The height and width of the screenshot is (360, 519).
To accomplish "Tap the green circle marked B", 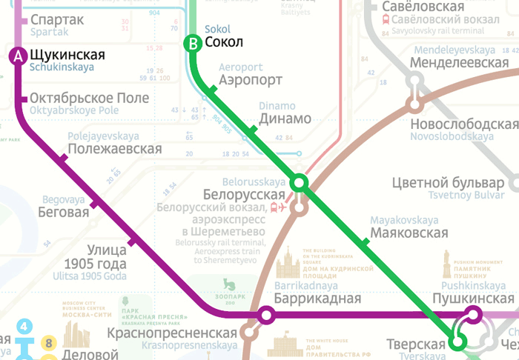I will tap(193, 43).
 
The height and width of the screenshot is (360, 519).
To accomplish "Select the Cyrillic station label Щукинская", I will tap(67, 55).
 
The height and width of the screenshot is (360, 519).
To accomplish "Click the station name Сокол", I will tap(224, 42).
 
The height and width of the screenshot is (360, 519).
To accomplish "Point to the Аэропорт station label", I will tap(251, 80).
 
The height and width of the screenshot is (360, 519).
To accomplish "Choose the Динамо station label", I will tap(285, 119).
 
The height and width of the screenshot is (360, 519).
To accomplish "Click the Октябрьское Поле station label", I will tap(90, 99).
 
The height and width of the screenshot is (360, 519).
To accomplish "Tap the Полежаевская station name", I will tap(114, 149).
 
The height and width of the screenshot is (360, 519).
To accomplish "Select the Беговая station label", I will tap(64, 212).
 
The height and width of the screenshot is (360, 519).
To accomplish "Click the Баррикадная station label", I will tap(317, 299).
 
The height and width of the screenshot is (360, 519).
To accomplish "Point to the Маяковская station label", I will tap(409, 233).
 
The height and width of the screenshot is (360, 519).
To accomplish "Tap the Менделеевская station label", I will tap(462, 63).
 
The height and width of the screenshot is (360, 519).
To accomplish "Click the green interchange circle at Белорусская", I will tap(300, 182).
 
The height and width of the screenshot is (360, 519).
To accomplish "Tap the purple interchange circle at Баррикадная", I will tap(266, 316).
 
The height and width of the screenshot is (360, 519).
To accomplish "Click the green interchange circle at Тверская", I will tap(458, 341).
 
